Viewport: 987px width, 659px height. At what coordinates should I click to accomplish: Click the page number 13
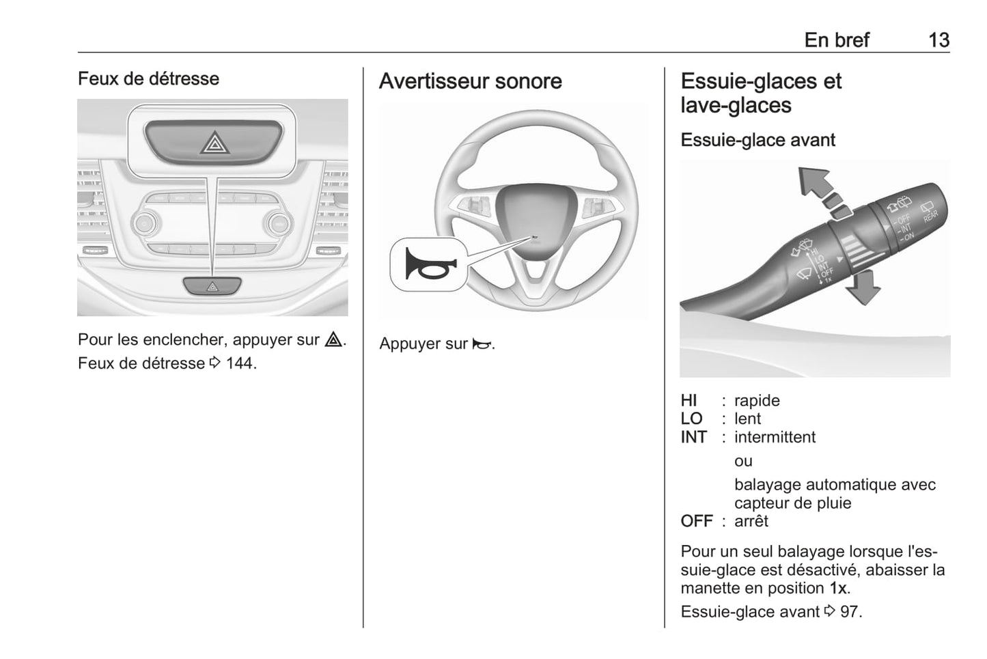[939, 40]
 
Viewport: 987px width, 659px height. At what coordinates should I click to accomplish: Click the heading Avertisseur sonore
[470, 81]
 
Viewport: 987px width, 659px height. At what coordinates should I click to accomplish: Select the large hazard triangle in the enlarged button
[214, 142]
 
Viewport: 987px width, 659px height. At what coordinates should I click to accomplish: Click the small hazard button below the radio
[212, 286]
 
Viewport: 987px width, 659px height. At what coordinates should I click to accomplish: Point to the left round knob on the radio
[145, 223]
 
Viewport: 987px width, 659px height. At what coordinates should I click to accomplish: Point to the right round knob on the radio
[279, 224]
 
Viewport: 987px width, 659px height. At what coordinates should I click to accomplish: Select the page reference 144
[240, 363]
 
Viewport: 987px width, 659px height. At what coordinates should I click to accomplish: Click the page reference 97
[850, 611]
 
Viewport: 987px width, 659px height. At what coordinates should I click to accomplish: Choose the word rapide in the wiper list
[757, 400]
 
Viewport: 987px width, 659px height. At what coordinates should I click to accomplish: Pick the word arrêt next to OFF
[751, 521]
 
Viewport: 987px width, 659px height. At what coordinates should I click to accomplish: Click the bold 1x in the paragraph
[838, 588]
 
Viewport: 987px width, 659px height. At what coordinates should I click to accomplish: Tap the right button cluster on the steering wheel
[598, 206]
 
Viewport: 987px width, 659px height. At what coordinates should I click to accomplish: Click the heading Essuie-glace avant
[758, 140]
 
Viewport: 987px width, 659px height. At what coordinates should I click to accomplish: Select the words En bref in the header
[837, 40]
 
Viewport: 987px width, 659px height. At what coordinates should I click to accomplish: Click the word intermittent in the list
[775, 437]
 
